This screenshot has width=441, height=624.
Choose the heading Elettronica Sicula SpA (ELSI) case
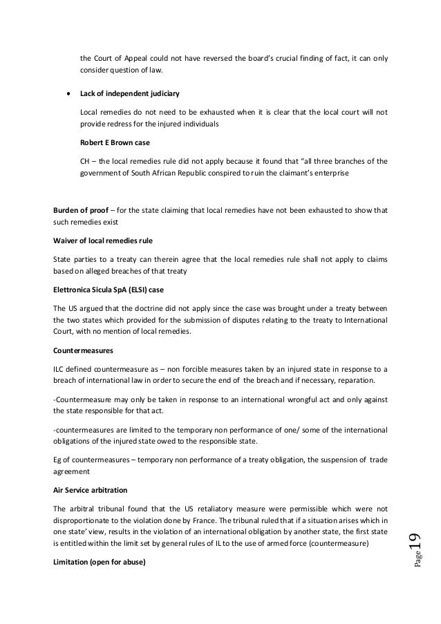[x=115, y=287]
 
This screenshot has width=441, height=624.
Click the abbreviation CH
[x=86, y=162]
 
